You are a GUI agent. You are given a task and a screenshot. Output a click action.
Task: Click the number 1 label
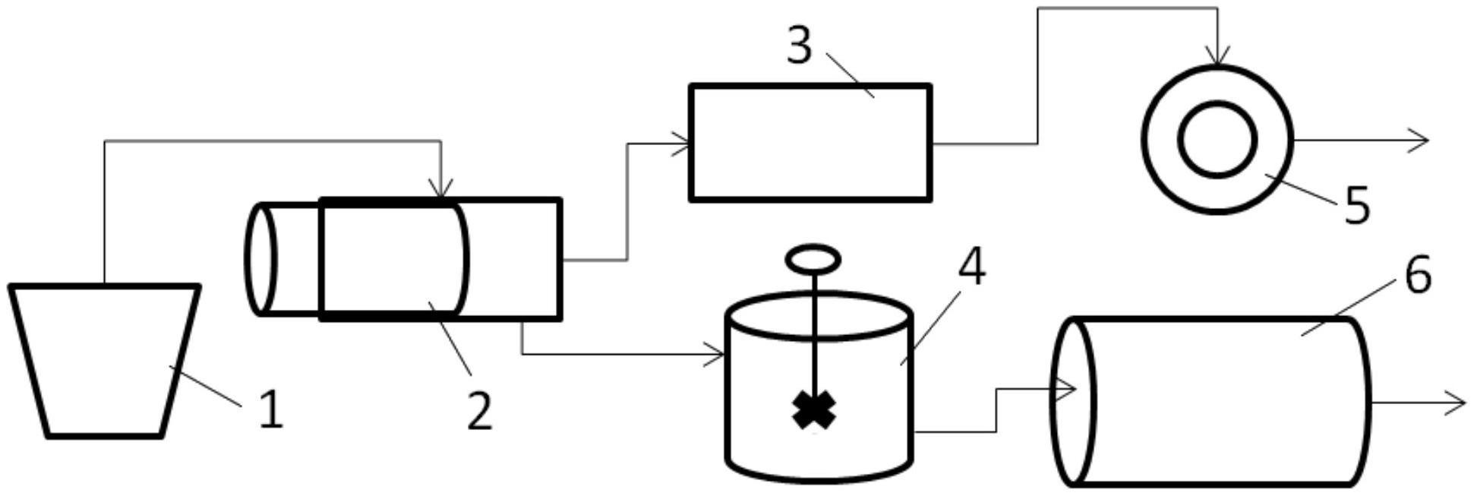click(x=270, y=409)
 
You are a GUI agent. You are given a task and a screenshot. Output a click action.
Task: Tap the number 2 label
click(x=479, y=411)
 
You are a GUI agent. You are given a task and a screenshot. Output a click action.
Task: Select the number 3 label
click(x=799, y=46)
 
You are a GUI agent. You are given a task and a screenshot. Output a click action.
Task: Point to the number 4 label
click(x=971, y=267)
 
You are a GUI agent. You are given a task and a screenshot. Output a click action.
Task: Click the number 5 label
click(x=1357, y=205)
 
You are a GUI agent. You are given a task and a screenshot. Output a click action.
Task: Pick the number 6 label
click(x=1418, y=275)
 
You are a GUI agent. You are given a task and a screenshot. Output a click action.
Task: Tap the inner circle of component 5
click(x=1217, y=140)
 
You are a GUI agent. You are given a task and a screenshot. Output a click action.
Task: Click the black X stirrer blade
click(x=814, y=411)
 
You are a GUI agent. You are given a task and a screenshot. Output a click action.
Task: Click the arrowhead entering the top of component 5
click(x=1218, y=58)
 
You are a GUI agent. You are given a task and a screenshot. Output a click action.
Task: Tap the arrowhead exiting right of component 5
click(x=1419, y=141)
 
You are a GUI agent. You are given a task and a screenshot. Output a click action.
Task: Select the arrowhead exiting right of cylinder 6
click(x=1456, y=403)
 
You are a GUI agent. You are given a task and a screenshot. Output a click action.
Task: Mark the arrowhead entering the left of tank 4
click(x=715, y=354)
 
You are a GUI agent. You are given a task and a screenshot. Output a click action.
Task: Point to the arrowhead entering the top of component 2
click(x=440, y=190)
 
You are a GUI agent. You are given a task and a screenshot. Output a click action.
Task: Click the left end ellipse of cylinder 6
click(x=1073, y=401)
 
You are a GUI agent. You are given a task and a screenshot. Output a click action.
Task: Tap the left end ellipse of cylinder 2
click(x=260, y=259)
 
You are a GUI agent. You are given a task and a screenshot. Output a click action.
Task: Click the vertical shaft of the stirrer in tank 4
click(x=814, y=334)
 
